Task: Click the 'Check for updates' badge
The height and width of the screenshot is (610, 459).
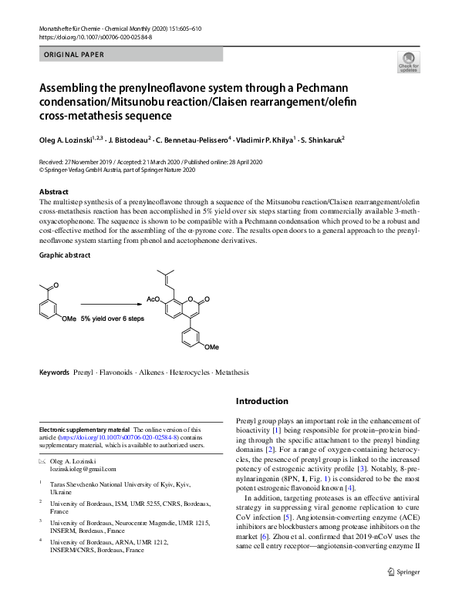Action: (x=409, y=62)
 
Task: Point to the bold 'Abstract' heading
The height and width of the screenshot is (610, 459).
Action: (x=54, y=191)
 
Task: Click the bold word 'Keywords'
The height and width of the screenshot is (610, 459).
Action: (x=54, y=372)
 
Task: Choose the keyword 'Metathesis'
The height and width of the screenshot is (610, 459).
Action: (x=232, y=372)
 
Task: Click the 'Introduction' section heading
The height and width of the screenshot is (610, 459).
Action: (x=262, y=401)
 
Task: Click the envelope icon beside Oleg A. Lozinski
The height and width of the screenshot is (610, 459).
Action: (x=42, y=460)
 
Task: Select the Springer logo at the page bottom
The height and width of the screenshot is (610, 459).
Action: (x=403, y=594)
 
